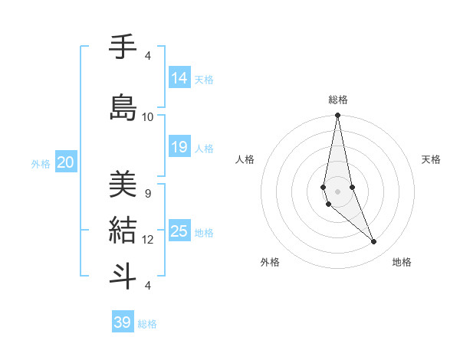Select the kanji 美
(x=123, y=185)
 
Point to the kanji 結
(x=123, y=230)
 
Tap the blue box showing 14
(x=179, y=77)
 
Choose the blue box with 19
(x=179, y=147)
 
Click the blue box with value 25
(x=179, y=231)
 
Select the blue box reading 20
(x=66, y=162)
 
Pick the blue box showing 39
(x=123, y=322)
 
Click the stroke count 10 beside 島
(x=148, y=117)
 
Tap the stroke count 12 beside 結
(x=148, y=240)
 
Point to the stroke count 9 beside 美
(x=148, y=194)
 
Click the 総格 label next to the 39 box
(x=147, y=324)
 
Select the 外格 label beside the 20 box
(x=41, y=164)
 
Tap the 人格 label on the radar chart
(x=245, y=159)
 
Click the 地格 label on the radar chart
(x=402, y=263)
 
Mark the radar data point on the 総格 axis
(x=337, y=115)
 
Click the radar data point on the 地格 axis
(x=374, y=242)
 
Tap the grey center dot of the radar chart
(x=337, y=191)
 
